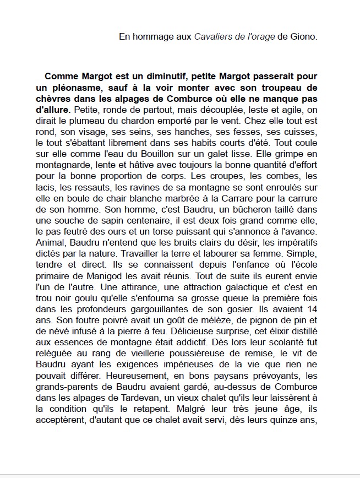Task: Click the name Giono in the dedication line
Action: (304, 37)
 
